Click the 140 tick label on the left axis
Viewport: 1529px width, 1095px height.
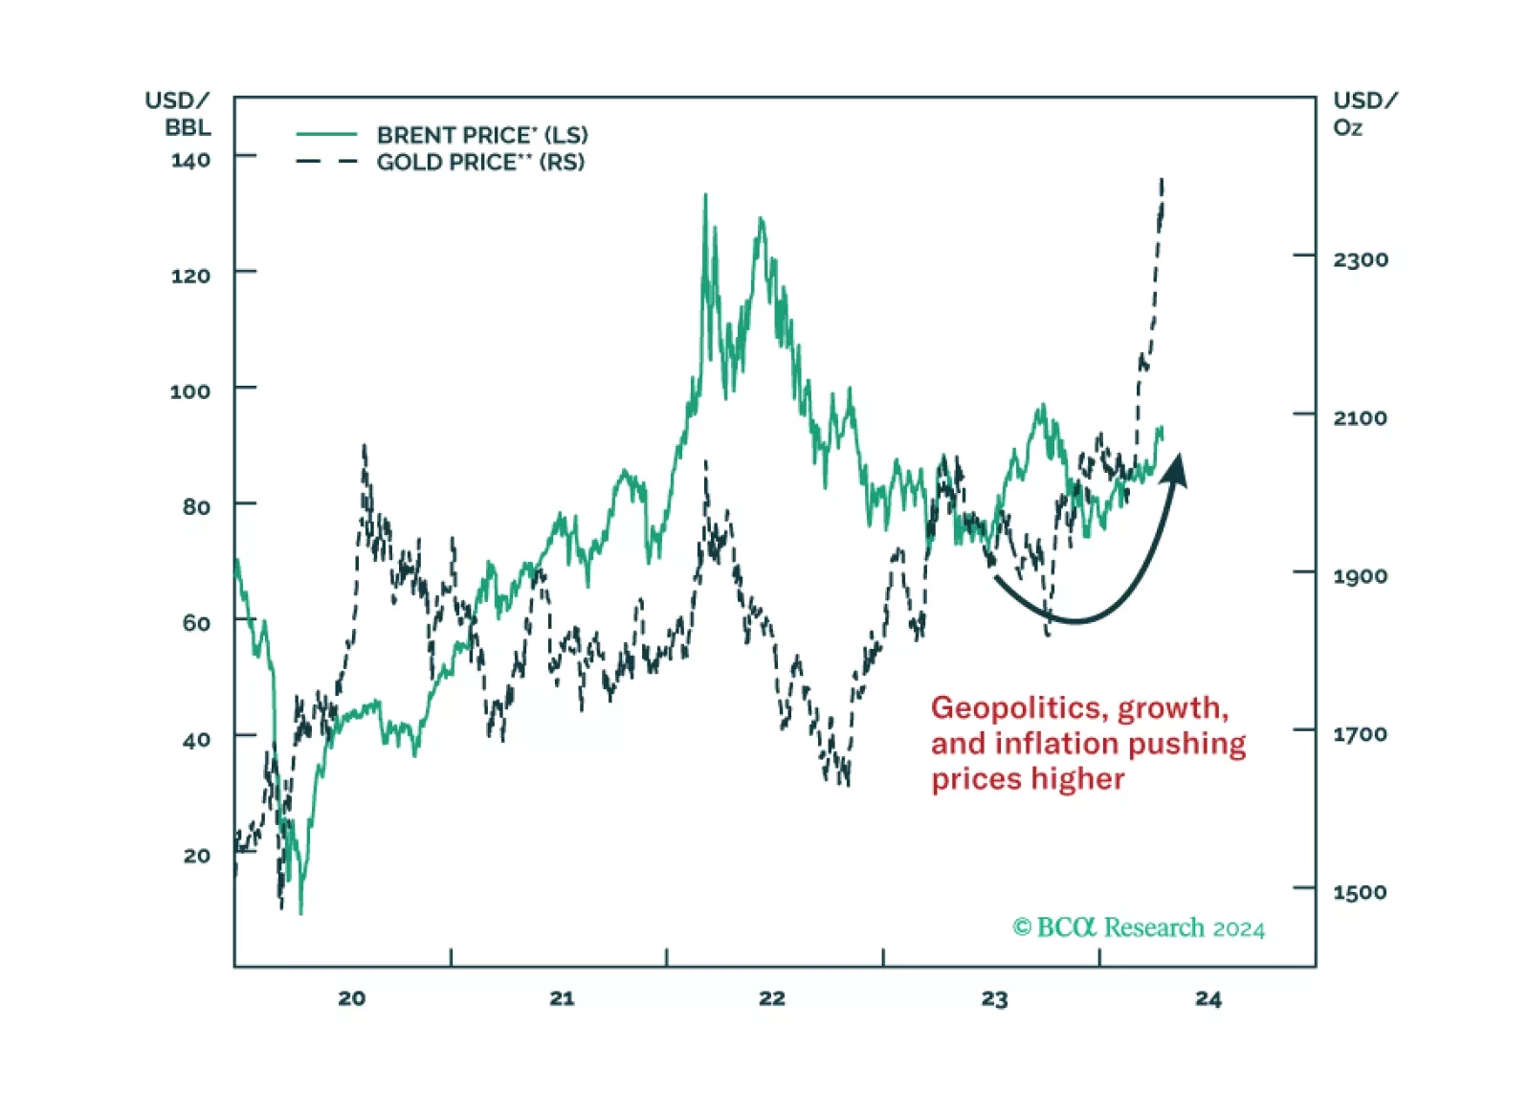190,160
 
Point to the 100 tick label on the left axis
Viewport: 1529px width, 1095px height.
189,391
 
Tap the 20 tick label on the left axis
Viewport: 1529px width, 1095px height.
196,856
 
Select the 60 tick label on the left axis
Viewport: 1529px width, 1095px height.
196,623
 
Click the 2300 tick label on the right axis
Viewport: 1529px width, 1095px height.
1360,259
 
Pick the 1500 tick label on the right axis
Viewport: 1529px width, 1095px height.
1360,892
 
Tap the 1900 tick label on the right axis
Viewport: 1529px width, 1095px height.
1360,576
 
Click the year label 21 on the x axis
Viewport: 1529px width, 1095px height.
562,998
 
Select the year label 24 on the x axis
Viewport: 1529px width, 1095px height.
1208,999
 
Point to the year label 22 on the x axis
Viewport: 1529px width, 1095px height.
772,998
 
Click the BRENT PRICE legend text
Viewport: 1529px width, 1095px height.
482,135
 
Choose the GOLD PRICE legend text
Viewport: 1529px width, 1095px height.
480,162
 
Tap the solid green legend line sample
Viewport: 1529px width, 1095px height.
326,134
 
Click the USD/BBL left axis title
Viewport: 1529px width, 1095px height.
178,114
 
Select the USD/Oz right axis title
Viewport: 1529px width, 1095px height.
1364,114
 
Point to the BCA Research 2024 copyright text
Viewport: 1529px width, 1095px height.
1139,927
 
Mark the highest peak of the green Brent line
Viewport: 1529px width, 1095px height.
705,195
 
